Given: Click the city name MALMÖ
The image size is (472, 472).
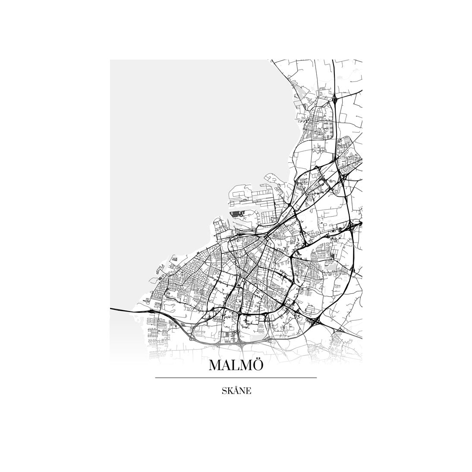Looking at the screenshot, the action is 236,365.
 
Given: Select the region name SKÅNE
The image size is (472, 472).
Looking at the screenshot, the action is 236,391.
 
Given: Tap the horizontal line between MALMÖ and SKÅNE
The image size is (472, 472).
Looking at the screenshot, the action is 236,378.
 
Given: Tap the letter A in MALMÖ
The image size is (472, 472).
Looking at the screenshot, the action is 227,366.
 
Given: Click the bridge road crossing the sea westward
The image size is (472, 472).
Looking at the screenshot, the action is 125,309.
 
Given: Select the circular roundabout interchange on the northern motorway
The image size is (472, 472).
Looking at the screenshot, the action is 335,100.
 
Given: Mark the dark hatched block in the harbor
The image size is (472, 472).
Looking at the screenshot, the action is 236,213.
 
